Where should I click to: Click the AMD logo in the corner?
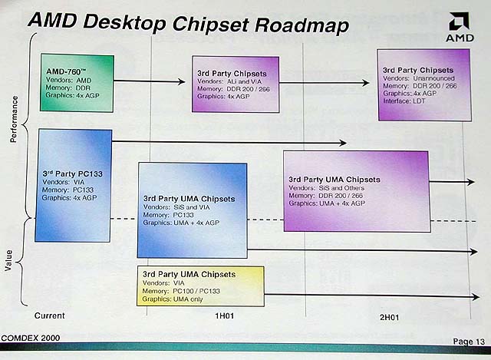[460, 28]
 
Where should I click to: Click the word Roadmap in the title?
[302, 25]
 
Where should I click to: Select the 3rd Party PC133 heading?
[73, 174]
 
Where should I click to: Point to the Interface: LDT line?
[404, 101]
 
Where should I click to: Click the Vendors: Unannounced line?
[419, 78]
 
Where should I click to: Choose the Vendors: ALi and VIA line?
[229, 81]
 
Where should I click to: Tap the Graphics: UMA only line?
[173, 299]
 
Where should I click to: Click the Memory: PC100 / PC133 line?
[181, 291]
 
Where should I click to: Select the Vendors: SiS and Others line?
[327, 188]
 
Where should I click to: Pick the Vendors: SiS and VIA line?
[176, 207]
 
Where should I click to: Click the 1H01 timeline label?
[224, 315]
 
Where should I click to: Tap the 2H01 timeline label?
[389, 317]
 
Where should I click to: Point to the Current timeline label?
[49, 315]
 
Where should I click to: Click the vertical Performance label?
[14, 120]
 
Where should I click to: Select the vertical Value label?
[8, 260]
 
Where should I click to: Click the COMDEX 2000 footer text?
[31, 338]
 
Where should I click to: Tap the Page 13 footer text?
[469, 342]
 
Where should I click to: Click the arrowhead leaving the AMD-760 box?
[182, 82]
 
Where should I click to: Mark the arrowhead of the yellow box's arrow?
[476, 296]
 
